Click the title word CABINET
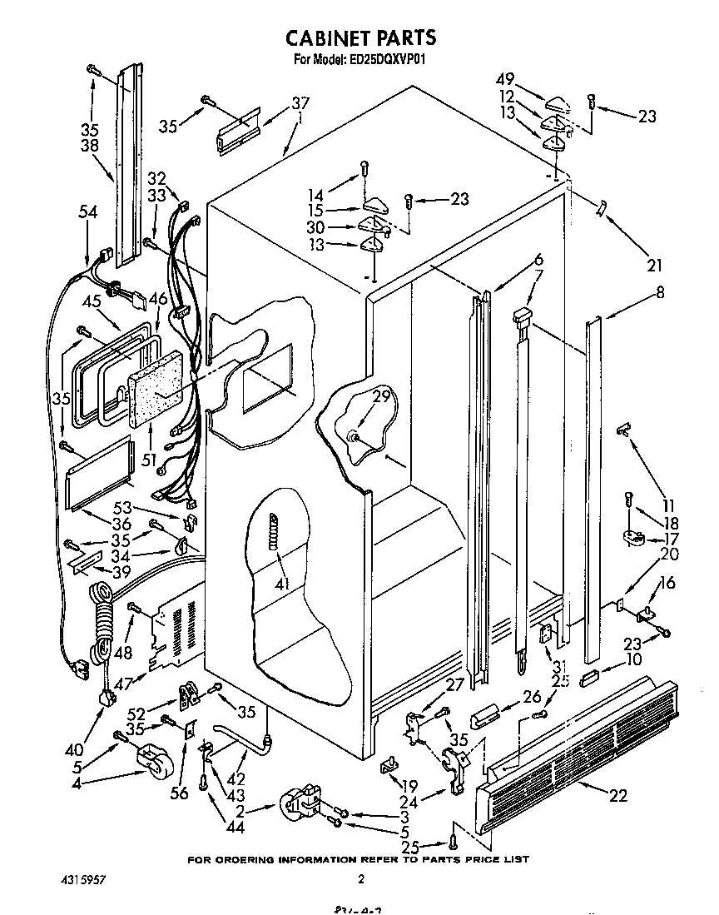[x=323, y=37]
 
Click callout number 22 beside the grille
[x=617, y=796]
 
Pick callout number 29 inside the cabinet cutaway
[x=381, y=397]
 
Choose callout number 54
[x=87, y=213]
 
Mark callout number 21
[x=654, y=266]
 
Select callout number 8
[x=660, y=292]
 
